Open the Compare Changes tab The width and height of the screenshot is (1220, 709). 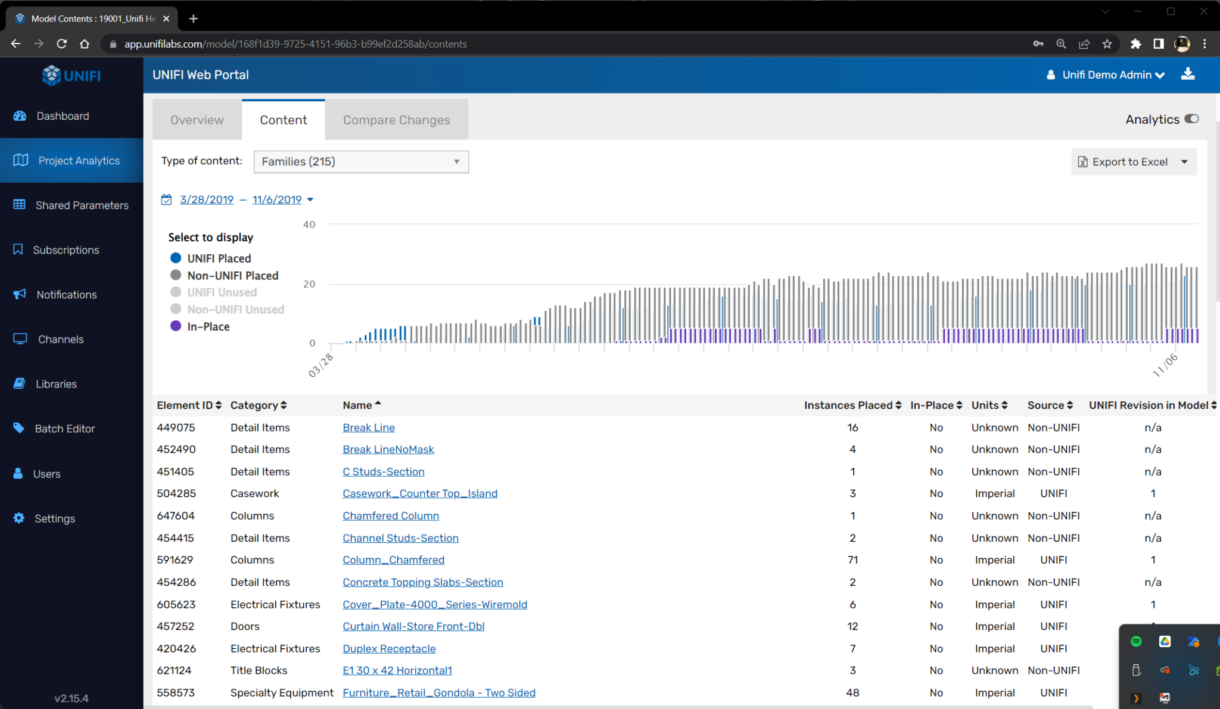point(396,120)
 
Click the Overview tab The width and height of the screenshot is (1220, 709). point(197,120)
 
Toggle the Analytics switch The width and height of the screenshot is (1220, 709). point(1191,119)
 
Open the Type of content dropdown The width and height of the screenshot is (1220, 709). point(361,162)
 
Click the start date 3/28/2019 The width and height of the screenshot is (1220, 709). point(206,199)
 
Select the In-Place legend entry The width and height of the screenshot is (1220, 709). point(208,326)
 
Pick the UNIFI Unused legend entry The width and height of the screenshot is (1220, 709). point(222,292)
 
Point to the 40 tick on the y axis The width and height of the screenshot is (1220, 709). point(309,224)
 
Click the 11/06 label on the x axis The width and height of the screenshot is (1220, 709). point(1165,365)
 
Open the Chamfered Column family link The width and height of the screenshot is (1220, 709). point(390,516)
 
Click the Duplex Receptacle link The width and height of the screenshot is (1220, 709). point(389,648)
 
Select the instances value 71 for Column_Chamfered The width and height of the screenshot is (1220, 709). point(852,560)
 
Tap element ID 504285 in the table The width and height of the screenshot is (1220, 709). point(176,494)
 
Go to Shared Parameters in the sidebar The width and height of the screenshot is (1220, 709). point(82,205)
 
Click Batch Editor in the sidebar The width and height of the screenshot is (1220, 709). point(64,429)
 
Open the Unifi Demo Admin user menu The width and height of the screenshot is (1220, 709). point(1106,75)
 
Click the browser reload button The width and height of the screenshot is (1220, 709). point(61,43)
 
